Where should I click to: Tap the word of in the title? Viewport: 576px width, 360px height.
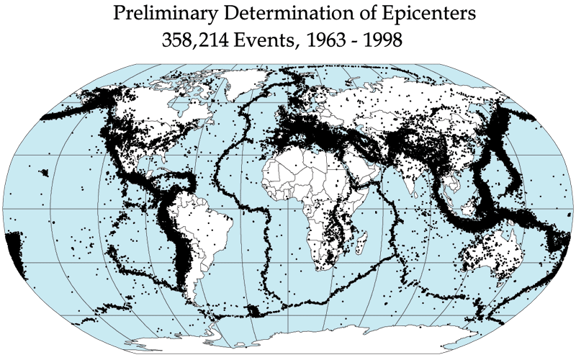351,14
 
